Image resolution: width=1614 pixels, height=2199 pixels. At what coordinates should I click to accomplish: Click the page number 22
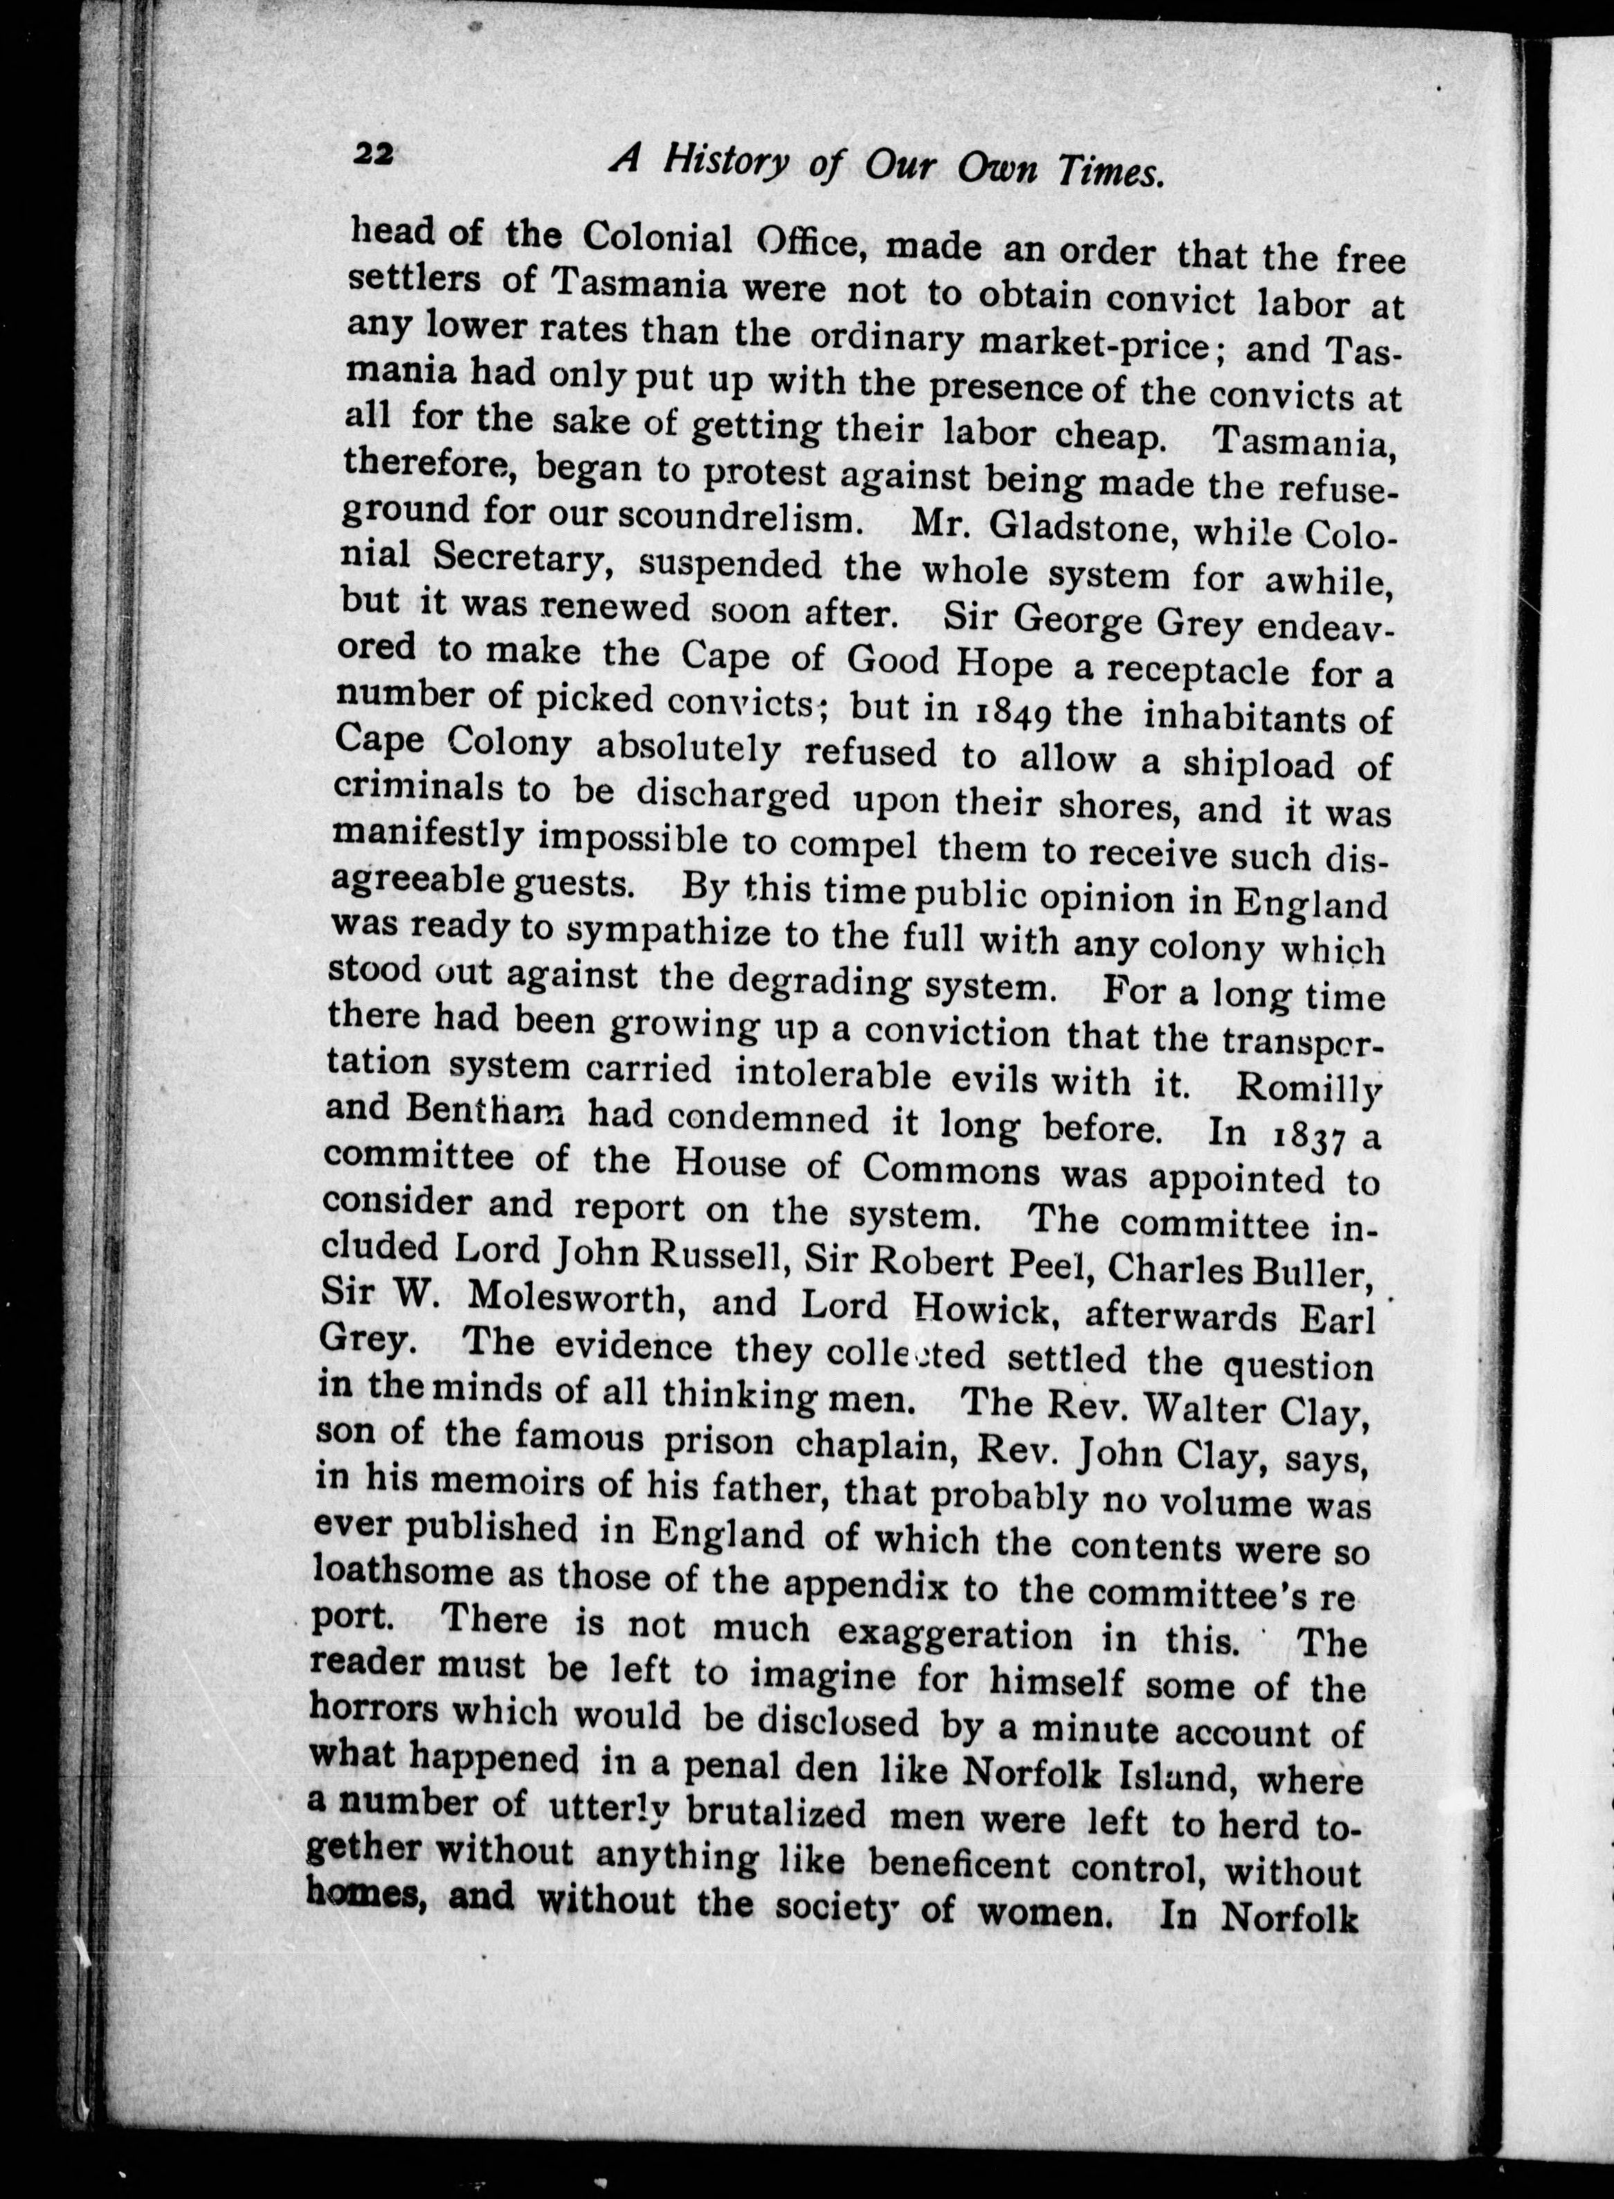372,155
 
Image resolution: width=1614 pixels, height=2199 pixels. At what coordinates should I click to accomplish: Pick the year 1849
1008,712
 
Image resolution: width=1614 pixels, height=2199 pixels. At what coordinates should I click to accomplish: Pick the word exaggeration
956,1633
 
